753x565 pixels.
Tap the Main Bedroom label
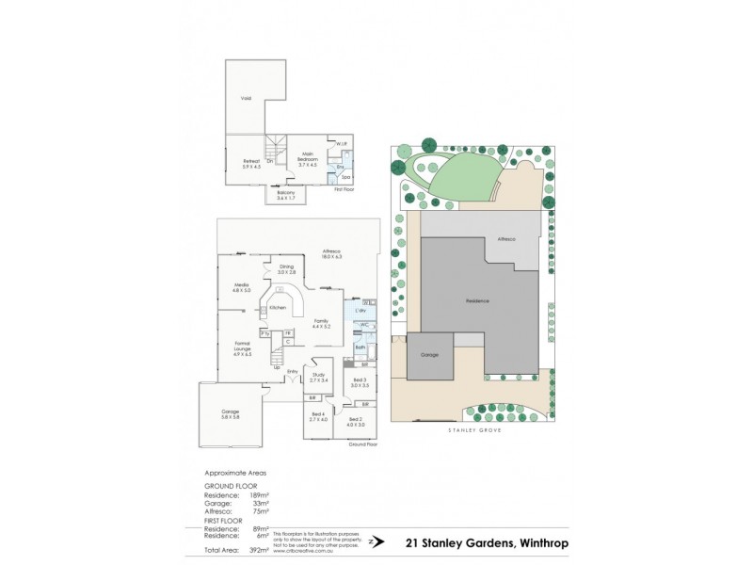[307, 156]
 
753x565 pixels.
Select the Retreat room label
[250, 164]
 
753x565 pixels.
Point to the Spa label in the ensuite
[345, 176]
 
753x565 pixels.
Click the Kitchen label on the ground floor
[277, 308]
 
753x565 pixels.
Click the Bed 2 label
[355, 420]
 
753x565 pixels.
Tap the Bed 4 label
[317, 416]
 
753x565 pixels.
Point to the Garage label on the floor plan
[230, 413]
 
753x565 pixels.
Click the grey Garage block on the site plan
[430, 355]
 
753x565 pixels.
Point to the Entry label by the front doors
[293, 370]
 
